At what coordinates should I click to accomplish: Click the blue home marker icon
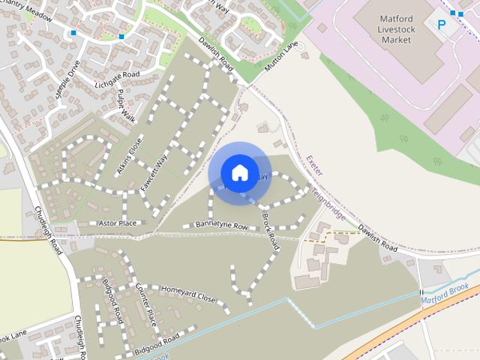pyautogui.click(x=239, y=173)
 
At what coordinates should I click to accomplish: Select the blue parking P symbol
pyautogui.click(x=442, y=25)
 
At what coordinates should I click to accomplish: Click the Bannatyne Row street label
pyautogui.click(x=221, y=225)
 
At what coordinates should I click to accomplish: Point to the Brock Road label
pyautogui.click(x=271, y=232)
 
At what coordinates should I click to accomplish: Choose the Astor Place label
pyautogui.click(x=118, y=223)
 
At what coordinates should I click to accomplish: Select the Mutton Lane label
pyautogui.click(x=281, y=57)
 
